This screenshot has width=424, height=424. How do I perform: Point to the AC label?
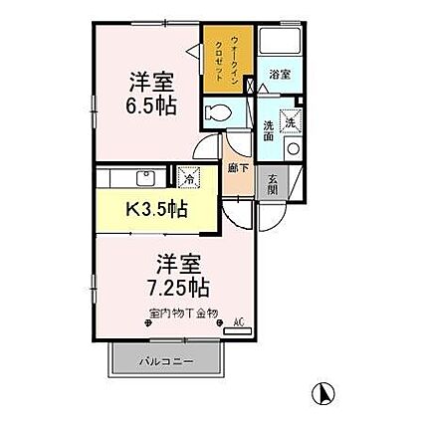[x=238, y=320]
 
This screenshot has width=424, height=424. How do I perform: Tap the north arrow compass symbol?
[x=321, y=393]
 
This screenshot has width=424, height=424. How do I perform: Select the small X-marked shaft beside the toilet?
[x=248, y=104]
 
